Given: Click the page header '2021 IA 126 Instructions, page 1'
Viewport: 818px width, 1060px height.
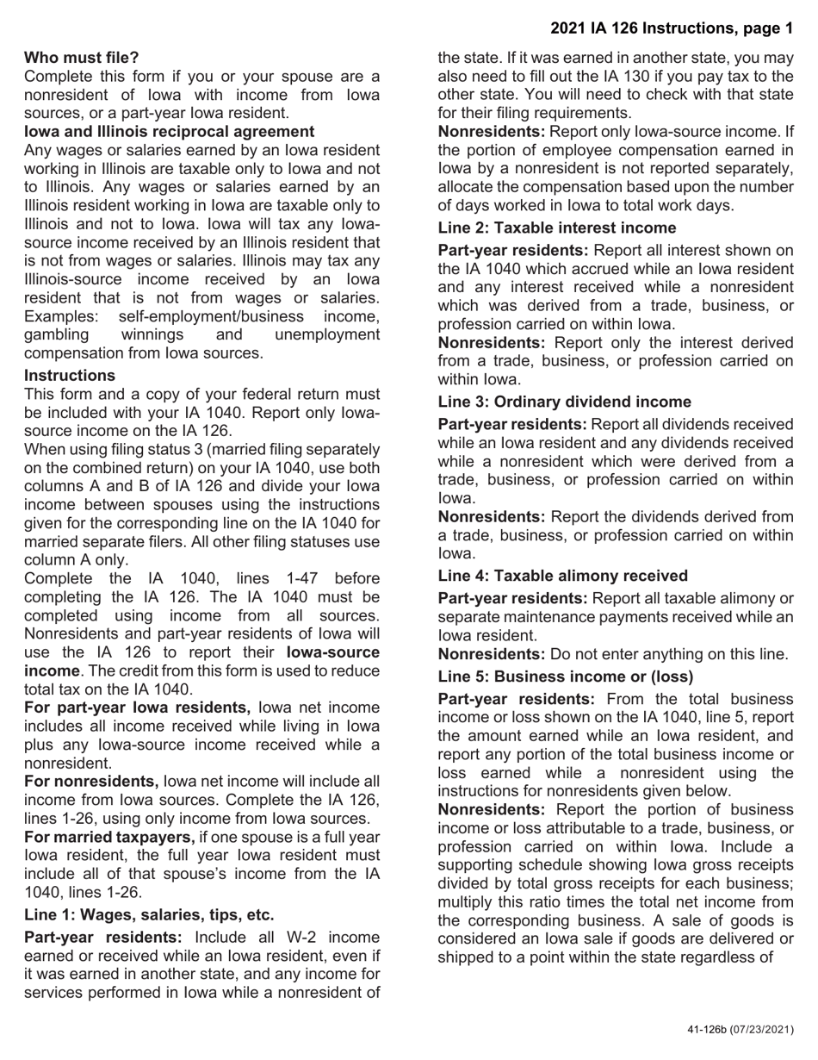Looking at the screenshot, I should (671, 28).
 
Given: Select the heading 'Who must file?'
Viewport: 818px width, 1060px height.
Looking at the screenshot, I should (81, 58).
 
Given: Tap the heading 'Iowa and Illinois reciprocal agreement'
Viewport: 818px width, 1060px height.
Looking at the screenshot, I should (170, 132).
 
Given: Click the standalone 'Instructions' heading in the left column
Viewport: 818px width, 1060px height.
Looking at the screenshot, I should (69, 376).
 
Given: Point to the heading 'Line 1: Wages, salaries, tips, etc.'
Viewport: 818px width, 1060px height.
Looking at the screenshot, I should (149, 915).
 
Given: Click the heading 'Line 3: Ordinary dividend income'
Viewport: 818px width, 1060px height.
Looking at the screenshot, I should (564, 402).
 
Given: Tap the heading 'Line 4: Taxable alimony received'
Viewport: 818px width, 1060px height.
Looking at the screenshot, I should (562, 576).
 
